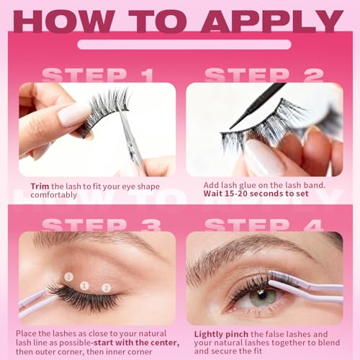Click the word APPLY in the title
coord(272,22)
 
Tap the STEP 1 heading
coord(98,75)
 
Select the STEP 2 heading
coord(264,75)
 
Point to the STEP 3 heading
coord(102,225)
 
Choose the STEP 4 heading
coord(264,225)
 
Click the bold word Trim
coord(40,186)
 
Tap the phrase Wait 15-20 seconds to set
coord(256,194)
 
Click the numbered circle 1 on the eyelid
coord(84,286)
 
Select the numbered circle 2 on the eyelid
coord(106,288)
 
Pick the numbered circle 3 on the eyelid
coord(68,276)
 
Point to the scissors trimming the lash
coord(132,142)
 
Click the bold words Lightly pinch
coord(221,334)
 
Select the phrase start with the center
coord(136,343)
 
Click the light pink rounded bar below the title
coord(184,45)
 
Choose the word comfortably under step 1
coord(53,195)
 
